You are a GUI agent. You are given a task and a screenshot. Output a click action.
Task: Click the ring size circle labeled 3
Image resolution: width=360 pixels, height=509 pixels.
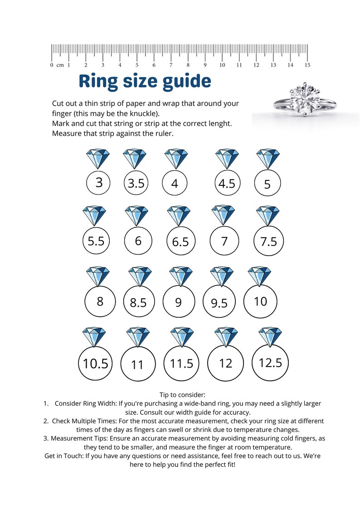tap(99, 183)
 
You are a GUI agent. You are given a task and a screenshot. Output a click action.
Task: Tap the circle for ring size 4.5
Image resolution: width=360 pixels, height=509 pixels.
tap(227, 184)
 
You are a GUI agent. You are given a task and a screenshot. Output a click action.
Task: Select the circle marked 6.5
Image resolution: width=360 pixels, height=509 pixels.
tap(180, 241)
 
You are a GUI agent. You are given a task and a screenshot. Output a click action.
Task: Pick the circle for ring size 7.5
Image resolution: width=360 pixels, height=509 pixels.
tap(268, 241)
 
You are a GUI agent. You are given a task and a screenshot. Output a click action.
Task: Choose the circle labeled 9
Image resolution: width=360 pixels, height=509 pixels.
tap(179, 302)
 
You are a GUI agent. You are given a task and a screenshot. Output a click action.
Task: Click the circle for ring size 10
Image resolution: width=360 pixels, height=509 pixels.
tap(261, 301)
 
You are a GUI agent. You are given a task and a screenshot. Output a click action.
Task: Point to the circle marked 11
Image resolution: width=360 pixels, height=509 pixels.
tap(137, 364)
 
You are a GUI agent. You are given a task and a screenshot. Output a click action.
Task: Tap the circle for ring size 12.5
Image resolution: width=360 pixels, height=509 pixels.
tap(271, 362)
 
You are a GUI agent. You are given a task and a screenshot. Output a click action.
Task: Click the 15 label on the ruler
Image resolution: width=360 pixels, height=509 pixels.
tap(307, 65)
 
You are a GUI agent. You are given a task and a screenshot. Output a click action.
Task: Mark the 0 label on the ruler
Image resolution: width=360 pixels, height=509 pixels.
tap(52, 65)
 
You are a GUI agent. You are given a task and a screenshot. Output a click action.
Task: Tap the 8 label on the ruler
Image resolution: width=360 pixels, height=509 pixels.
tap(188, 65)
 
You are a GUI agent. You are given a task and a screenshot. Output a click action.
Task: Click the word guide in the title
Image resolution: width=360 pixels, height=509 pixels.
tap(185, 82)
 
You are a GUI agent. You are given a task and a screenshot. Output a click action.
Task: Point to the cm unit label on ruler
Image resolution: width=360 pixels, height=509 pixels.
tap(60, 65)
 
